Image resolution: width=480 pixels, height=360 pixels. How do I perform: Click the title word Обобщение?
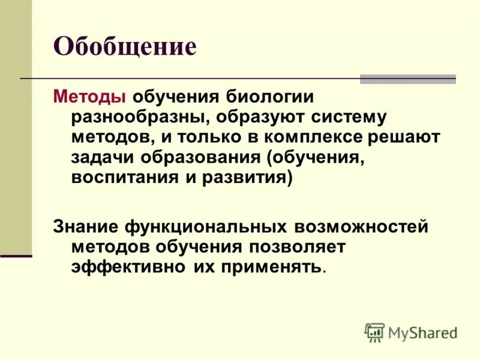(x=125, y=46)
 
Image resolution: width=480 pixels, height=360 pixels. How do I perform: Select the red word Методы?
(x=89, y=97)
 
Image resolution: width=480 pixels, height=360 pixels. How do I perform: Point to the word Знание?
(x=86, y=226)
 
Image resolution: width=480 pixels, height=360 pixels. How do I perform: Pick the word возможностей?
(x=361, y=226)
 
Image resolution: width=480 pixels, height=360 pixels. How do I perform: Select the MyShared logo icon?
(x=374, y=332)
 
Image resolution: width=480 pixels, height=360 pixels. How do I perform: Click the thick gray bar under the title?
(x=407, y=79)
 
